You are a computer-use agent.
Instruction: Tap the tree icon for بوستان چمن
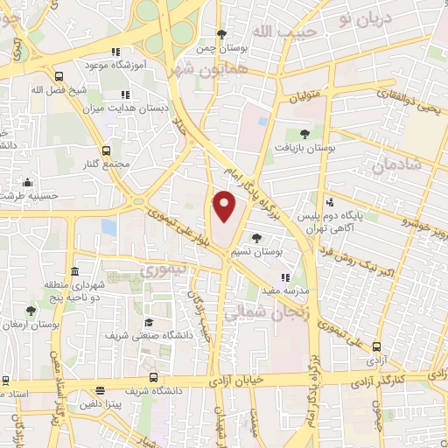click(x=224, y=33)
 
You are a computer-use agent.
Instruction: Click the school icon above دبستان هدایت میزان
click(x=124, y=94)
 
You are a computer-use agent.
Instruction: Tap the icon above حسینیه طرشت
click(x=29, y=183)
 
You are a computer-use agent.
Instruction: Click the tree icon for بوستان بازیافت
click(x=304, y=134)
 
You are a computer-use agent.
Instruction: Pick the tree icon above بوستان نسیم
click(x=255, y=237)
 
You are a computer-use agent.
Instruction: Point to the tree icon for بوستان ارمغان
click(x=31, y=311)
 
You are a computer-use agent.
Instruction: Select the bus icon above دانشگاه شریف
click(x=154, y=377)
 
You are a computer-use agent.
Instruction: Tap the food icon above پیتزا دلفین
click(x=101, y=390)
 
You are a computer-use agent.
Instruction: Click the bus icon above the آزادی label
click(x=376, y=346)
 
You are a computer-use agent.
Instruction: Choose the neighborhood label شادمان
click(x=395, y=163)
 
